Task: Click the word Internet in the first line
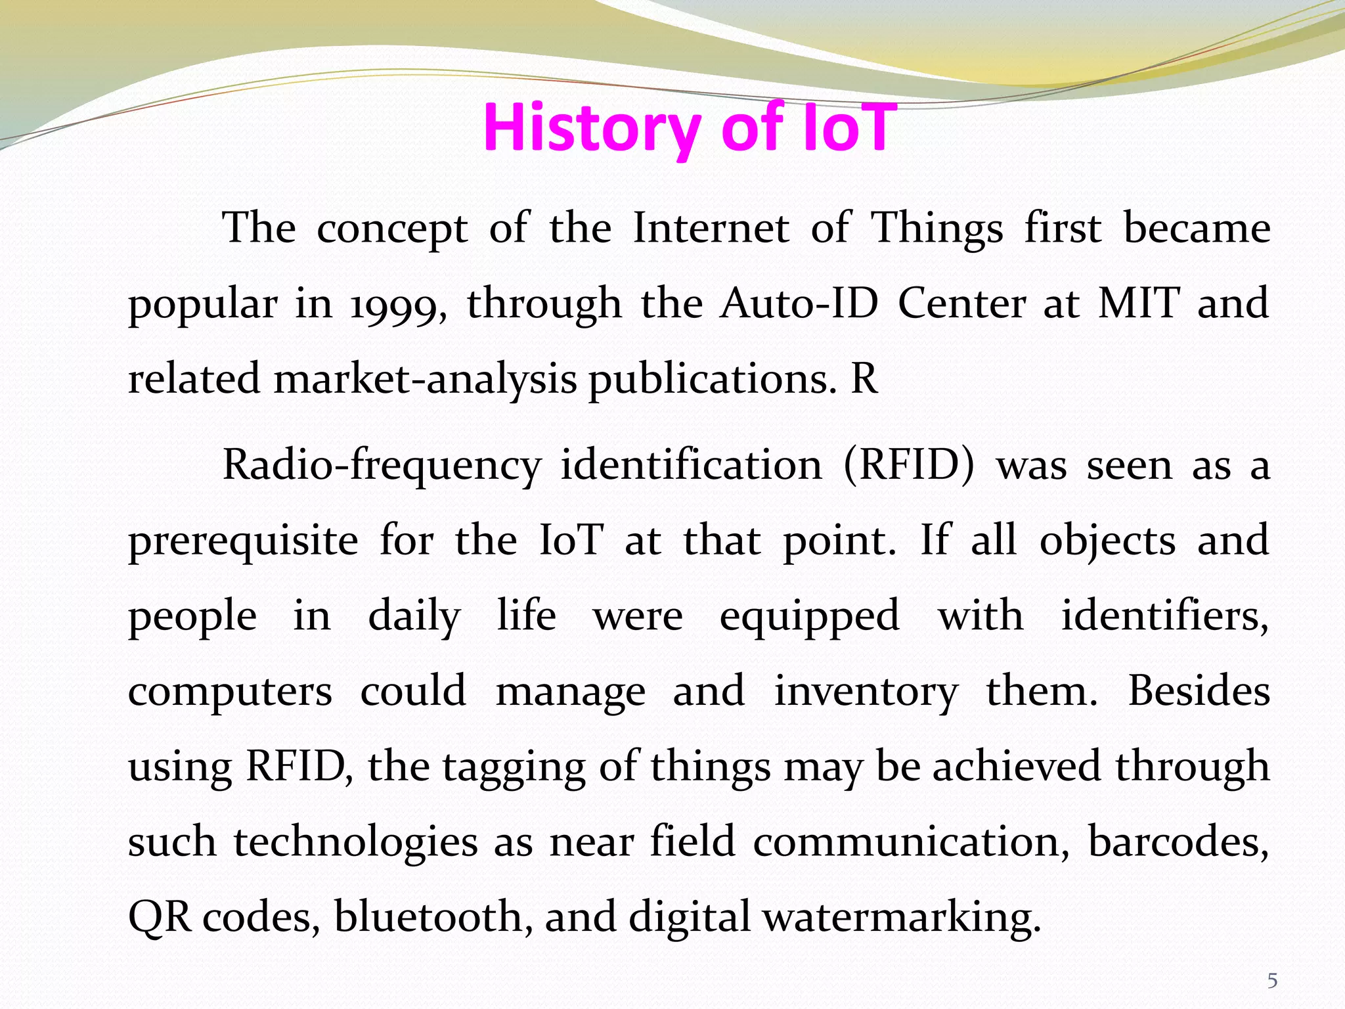pos(711,229)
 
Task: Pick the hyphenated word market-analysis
pos(425,380)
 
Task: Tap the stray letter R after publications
pos(864,379)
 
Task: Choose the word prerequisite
pos(243,542)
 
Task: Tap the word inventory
pos(866,692)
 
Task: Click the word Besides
pos(1199,691)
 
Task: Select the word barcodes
pos(1178,842)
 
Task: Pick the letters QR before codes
pos(160,918)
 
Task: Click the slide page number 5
pos(1272,981)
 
